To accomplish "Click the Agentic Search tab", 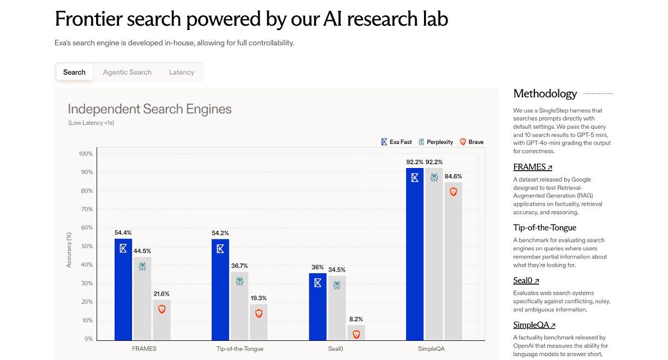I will pyautogui.click(x=127, y=72).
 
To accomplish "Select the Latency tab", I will pyautogui.click(x=181, y=72).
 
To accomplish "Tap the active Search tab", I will pyautogui.click(x=74, y=72).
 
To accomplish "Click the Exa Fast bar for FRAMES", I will pyautogui.click(x=123, y=289).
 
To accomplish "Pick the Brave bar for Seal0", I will pyautogui.click(x=356, y=332).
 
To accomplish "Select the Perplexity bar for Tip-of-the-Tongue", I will pyautogui.click(x=240, y=305).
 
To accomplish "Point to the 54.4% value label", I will pyautogui.click(x=123, y=233).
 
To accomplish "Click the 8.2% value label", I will pyautogui.click(x=356, y=319).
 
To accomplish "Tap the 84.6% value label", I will pyautogui.click(x=453, y=176).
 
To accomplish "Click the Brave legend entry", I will pyautogui.click(x=472, y=142).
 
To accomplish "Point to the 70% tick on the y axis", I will pyautogui.click(x=86, y=209).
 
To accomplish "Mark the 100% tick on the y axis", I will pyautogui.click(x=86, y=154).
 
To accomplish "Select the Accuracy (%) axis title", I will pyautogui.click(x=69, y=249).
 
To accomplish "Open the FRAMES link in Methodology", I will pyautogui.click(x=533, y=167).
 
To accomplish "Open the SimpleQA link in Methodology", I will pyautogui.click(x=534, y=325).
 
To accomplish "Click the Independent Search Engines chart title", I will pyautogui.click(x=150, y=109).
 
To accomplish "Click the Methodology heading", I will pyautogui.click(x=545, y=94).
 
